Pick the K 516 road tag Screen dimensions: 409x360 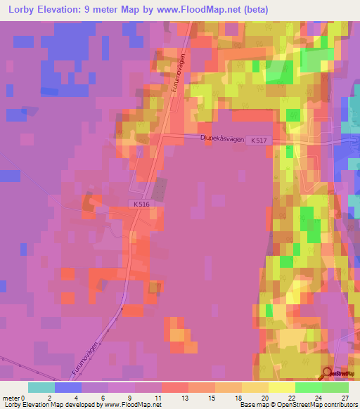tap(140, 204)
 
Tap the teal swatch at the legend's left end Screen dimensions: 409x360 tap(41, 387)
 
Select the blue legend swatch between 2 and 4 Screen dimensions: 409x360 tap(68, 387)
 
